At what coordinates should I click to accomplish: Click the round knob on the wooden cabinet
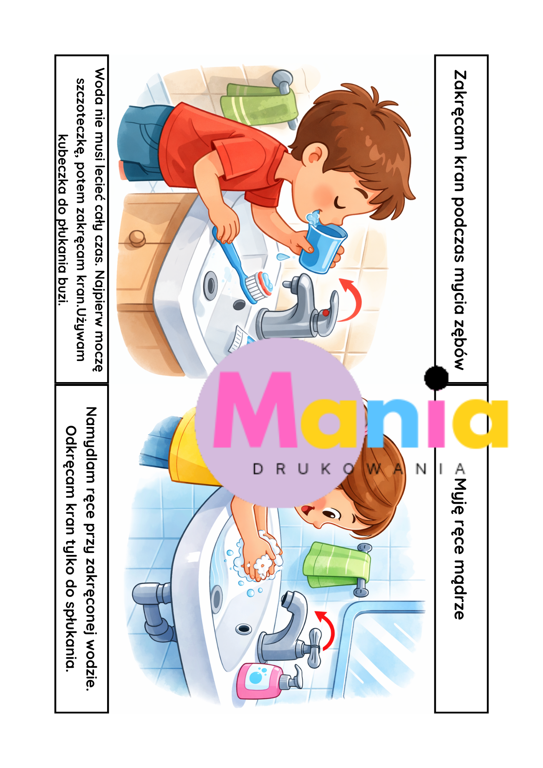click(137, 238)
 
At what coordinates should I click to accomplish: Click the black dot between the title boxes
click(436, 377)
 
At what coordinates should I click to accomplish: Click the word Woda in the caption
click(99, 85)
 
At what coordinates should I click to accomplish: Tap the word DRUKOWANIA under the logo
click(359, 469)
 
